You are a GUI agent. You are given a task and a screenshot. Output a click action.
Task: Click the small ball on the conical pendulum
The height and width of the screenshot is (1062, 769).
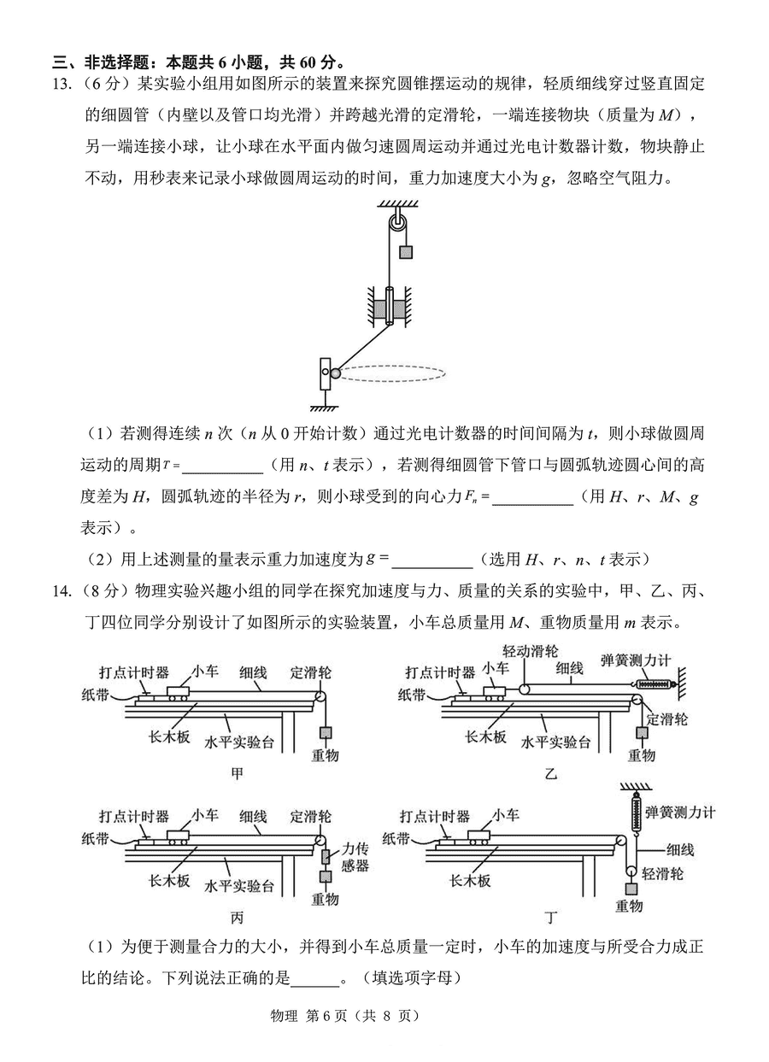(335, 373)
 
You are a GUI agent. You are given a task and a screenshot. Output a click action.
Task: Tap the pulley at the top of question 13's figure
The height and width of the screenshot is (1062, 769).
(398, 223)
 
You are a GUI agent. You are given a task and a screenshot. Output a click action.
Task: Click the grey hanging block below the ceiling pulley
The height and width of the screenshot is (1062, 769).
(405, 252)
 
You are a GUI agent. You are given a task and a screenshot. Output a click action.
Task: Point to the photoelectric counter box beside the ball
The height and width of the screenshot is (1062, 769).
(325, 374)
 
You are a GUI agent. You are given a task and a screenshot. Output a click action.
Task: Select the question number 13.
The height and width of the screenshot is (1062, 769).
(62, 84)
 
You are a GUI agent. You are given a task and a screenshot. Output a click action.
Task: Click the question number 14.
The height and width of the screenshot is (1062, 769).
(62, 591)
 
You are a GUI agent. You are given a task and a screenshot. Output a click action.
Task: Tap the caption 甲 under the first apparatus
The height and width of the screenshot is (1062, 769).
(237, 774)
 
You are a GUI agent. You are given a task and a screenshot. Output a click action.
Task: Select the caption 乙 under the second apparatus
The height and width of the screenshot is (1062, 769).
(550, 774)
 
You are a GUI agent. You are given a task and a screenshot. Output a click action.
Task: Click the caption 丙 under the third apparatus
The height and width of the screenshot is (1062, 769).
(237, 918)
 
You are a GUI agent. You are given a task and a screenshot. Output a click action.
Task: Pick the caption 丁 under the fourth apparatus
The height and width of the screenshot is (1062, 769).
(550, 918)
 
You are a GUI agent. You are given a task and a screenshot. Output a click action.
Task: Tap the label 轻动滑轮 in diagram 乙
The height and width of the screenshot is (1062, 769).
(531, 651)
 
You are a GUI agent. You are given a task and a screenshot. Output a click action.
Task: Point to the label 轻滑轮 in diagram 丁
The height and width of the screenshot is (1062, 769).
(662, 873)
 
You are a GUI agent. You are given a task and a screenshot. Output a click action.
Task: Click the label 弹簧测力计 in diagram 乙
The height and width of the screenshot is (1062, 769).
(636, 660)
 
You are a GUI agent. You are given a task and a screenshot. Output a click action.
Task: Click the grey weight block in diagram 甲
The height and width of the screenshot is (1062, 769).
(326, 733)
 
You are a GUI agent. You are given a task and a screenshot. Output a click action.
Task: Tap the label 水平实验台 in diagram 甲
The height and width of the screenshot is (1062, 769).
(239, 742)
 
